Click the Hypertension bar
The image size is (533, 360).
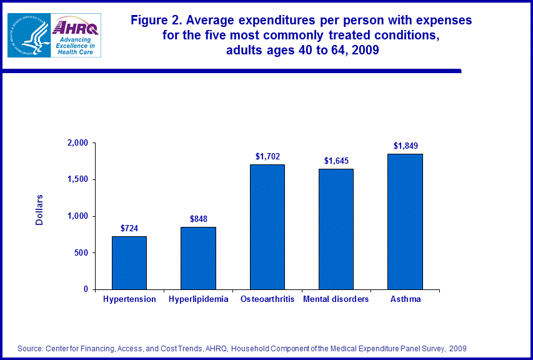(129, 262)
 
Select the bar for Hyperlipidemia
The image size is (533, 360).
(198, 258)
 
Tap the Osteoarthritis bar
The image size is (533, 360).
(267, 227)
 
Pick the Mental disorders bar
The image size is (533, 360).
(336, 229)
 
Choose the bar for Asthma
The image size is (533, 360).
(404, 222)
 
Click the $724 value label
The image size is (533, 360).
(129, 228)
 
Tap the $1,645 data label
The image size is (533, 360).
(336, 161)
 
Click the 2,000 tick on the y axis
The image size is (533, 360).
(77, 143)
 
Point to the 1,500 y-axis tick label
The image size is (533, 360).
(77, 180)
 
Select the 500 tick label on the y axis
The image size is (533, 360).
(81, 253)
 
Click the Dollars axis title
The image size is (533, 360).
(39, 210)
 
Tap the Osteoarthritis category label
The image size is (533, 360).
(267, 299)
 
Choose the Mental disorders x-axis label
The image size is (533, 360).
(336, 299)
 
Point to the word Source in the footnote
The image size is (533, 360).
(30, 348)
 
